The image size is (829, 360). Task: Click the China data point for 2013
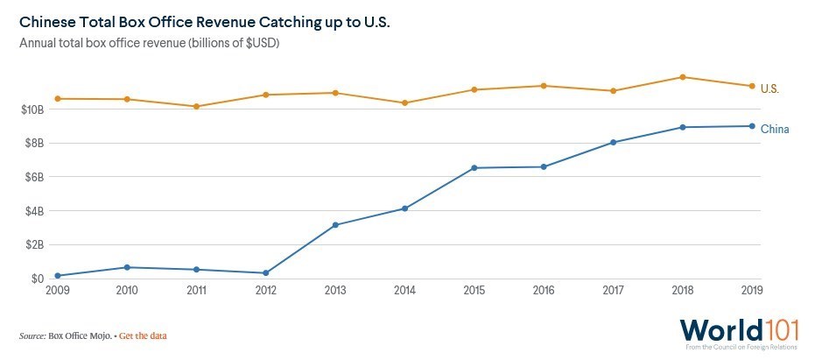point(335,225)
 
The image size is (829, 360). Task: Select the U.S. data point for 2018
point(683,77)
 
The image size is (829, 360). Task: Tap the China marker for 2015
point(474,167)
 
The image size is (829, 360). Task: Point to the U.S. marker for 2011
point(196,106)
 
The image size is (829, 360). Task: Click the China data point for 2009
point(58,275)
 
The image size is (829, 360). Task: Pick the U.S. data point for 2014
point(404,102)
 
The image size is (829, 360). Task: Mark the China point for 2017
point(614,142)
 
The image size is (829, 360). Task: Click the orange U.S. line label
point(769,88)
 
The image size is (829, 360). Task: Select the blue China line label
point(775,130)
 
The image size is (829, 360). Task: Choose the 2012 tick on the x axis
point(265,291)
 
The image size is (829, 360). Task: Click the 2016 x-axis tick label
point(543,291)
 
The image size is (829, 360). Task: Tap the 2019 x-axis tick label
point(750,291)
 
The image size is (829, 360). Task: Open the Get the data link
point(143,335)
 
